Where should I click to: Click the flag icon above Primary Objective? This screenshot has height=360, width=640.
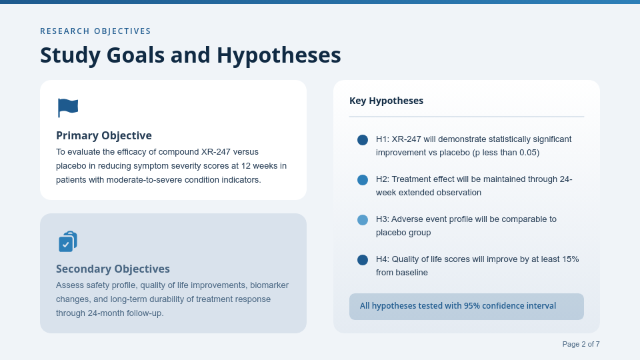[68, 107]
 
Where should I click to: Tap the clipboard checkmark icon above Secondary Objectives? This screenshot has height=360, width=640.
[68, 241]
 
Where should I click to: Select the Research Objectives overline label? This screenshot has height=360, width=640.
[95, 31]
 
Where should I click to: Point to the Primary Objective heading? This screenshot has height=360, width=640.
[104, 135]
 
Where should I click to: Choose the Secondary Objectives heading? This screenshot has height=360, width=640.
[113, 269]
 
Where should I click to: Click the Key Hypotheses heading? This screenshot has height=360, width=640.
[386, 101]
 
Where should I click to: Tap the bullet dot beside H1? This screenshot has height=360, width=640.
[363, 140]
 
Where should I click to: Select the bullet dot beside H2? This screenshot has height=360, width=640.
[363, 180]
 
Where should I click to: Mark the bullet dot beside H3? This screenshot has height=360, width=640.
[363, 220]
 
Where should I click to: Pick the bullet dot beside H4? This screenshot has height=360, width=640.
[363, 260]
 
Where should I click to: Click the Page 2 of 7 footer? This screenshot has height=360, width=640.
[581, 344]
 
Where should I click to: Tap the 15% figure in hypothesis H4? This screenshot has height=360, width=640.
[570, 259]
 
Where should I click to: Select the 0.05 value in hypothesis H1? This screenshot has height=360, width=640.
[527, 153]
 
